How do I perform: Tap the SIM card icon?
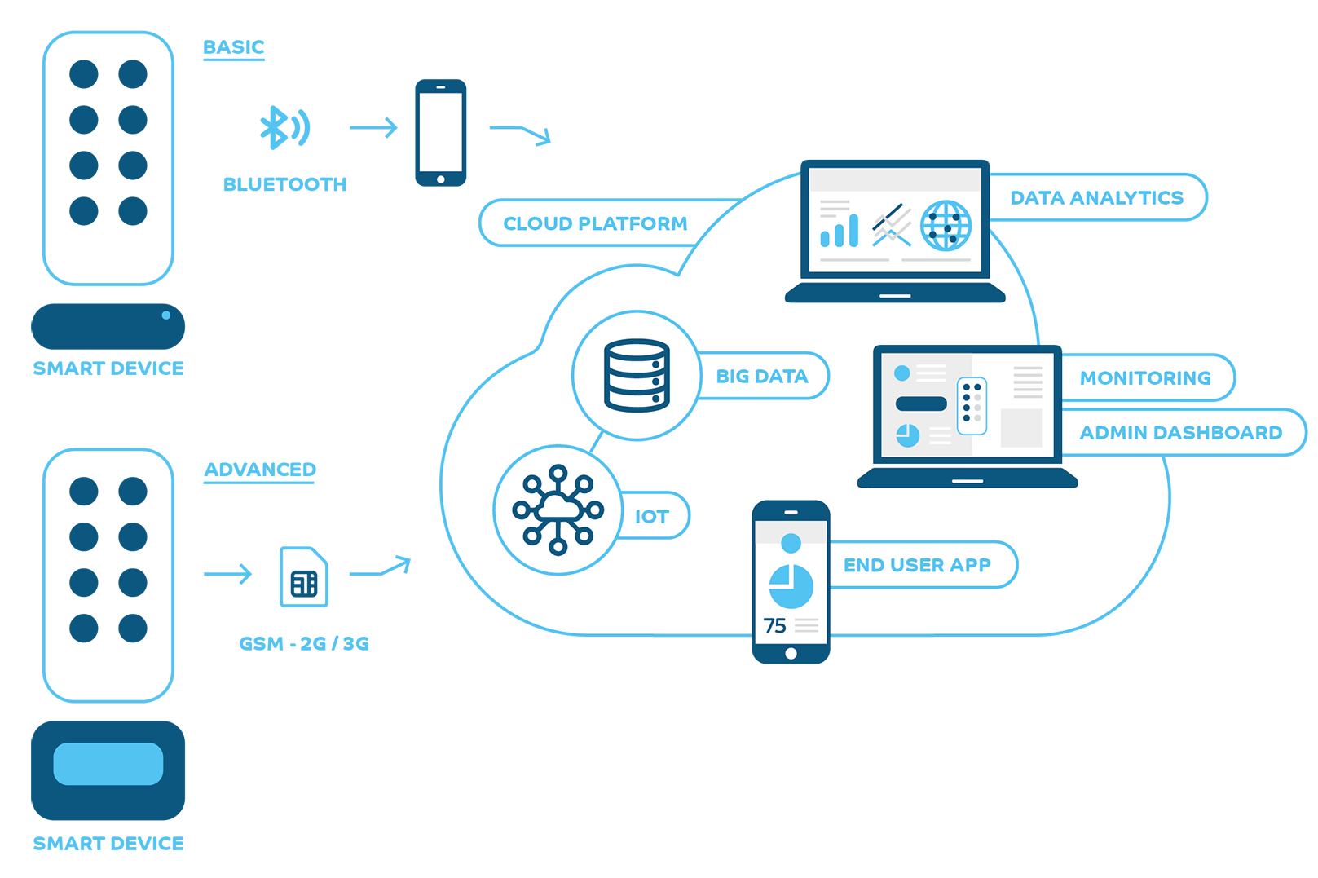click(304, 577)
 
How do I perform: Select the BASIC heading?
click(234, 47)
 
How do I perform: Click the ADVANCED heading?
click(260, 470)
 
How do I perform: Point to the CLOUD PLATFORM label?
click(595, 223)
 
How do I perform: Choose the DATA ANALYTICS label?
click(1096, 197)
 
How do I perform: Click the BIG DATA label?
click(762, 376)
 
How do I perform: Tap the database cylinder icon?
click(637, 375)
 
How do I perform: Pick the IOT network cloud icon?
click(558, 510)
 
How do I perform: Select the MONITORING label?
click(1145, 377)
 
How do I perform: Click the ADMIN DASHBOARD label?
click(1180, 432)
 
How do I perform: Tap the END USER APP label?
click(917, 565)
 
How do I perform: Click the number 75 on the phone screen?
click(774, 625)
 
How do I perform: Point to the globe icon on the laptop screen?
click(946, 225)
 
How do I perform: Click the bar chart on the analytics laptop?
click(840, 231)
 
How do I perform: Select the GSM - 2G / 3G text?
click(304, 643)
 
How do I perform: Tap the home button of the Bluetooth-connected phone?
click(441, 179)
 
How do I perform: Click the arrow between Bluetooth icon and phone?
click(373, 127)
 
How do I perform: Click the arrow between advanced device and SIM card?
click(228, 574)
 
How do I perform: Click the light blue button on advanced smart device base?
click(108, 764)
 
